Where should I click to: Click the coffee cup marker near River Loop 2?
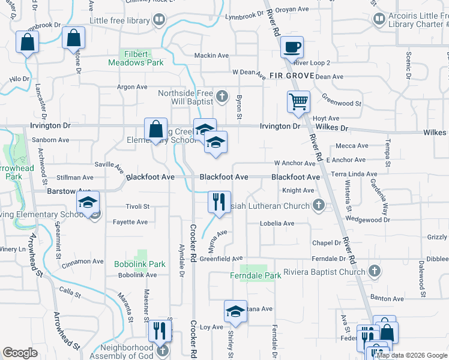pyautogui.click(x=292, y=47)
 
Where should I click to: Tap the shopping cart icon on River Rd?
pyautogui.click(x=298, y=101)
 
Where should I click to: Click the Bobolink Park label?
pyautogui.click(x=140, y=264)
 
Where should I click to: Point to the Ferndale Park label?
pyautogui.click(x=256, y=276)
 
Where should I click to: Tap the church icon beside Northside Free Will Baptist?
pyautogui.click(x=221, y=95)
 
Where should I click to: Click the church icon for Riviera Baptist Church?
pyautogui.click(x=375, y=271)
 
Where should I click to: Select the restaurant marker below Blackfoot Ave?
pyautogui.click(x=219, y=200)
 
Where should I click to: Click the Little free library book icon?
pyautogui.click(x=159, y=20)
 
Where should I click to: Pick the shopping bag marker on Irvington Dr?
pyautogui.click(x=155, y=129)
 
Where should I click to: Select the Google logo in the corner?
pyautogui.click(x=20, y=353)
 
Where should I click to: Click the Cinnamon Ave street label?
pyautogui.click(x=83, y=262)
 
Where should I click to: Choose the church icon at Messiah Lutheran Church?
pyautogui.click(x=319, y=206)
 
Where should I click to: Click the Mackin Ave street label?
pyautogui.click(x=211, y=56)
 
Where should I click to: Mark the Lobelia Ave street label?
pyautogui.click(x=277, y=223)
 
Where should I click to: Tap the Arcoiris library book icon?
pyautogui.click(x=379, y=19)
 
